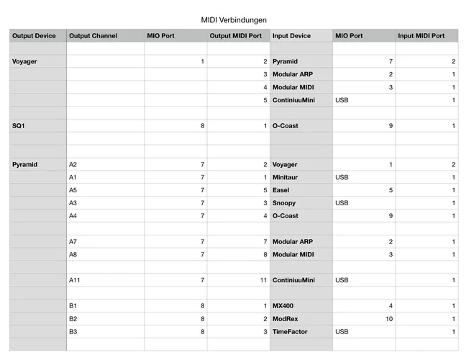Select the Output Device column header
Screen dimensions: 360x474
click(x=34, y=36)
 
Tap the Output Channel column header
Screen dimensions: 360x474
click(x=93, y=36)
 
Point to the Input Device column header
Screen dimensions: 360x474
click(x=291, y=36)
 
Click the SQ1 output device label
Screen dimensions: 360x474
click(x=20, y=126)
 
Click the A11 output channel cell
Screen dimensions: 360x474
click(x=73, y=280)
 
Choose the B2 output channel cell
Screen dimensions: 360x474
click(x=73, y=318)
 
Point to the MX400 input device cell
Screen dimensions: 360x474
click(x=283, y=306)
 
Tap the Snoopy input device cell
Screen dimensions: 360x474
click(x=283, y=203)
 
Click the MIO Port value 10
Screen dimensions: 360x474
click(x=388, y=318)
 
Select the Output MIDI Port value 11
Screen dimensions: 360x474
click(x=263, y=280)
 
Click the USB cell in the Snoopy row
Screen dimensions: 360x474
click(x=342, y=203)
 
